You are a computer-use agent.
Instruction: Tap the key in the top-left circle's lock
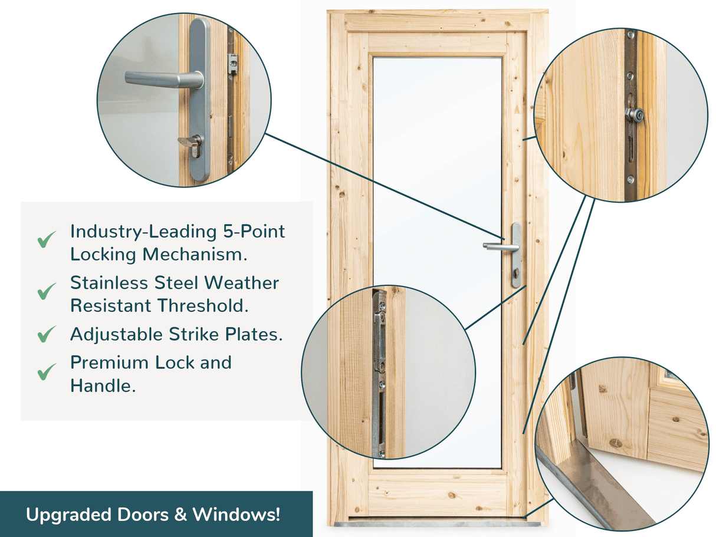(x=186, y=141)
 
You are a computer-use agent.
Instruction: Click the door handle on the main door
(x=501, y=246)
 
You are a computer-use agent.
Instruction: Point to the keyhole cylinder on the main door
(x=516, y=273)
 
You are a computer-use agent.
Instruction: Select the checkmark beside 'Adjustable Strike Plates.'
(x=47, y=334)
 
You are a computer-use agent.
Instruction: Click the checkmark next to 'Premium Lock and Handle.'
(x=47, y=372)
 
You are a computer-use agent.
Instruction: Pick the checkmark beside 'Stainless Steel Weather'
(x=47, y=291)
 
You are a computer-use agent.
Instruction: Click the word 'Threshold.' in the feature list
(x=203, y=305)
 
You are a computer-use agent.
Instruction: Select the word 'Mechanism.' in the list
(x=195, y=254)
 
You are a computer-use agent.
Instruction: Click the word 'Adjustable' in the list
(x=116, y=335)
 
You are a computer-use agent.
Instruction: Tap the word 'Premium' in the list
(x=109, y=363)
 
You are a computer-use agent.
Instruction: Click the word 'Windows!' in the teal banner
(x=236, y=515)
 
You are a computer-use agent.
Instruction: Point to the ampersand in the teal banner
(x=180, y=515)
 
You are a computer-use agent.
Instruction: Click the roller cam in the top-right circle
(x=634, y=115)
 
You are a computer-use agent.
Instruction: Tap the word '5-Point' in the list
(x=254, y=232)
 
